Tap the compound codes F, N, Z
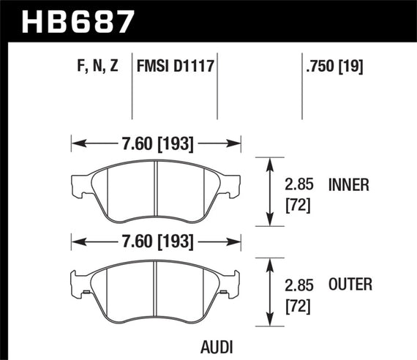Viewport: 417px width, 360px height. click(97, 68)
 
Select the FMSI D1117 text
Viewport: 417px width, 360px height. click(175, 68)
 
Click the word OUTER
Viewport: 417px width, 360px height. click(350, 285)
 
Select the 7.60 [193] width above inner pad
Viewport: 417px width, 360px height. click(156, 143)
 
